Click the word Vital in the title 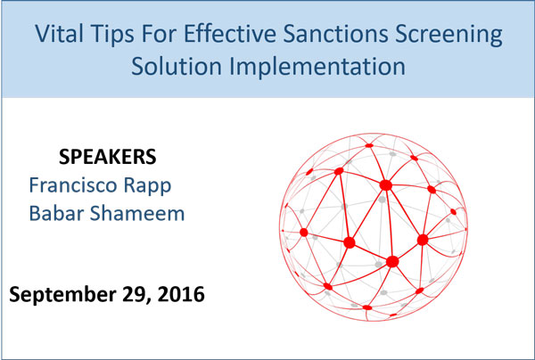(x=60, y=33)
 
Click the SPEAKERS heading (x=108, y=157)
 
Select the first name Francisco (x=74, y=185)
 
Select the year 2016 (x=181, y=294)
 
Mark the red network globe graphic (x=374, y=227)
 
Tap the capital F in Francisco (x=35, y=185)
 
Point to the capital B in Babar (x=36, y=214)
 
